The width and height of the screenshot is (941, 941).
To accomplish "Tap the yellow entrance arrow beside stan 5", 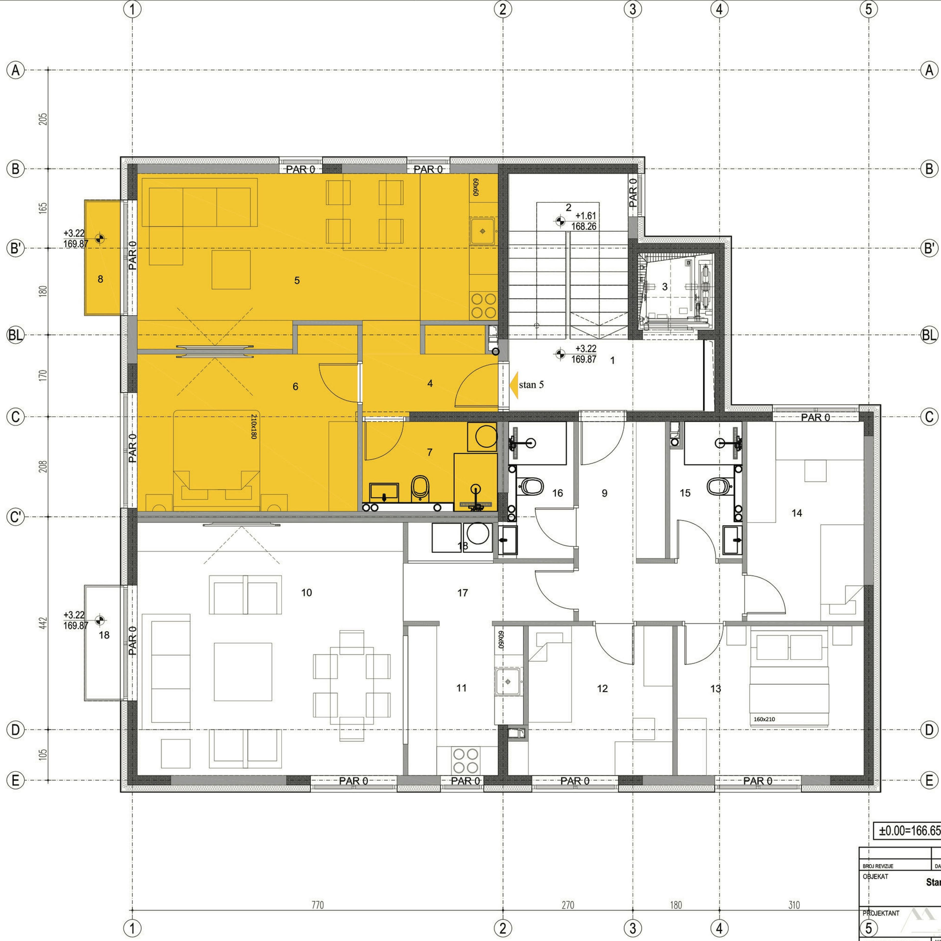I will (x=513, y=385).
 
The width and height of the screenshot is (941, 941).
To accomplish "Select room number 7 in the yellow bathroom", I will (x=430, y=452).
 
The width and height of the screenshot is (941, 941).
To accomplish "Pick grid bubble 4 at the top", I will (x=719, y=9).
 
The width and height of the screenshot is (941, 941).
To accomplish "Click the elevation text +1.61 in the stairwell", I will (x=585, y=216).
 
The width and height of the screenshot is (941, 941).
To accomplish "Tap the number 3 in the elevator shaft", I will (x=665, y=287).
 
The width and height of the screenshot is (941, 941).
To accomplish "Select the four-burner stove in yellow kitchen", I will (x=483, y=305).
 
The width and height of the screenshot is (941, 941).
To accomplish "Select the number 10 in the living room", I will (x=306, y=593).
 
